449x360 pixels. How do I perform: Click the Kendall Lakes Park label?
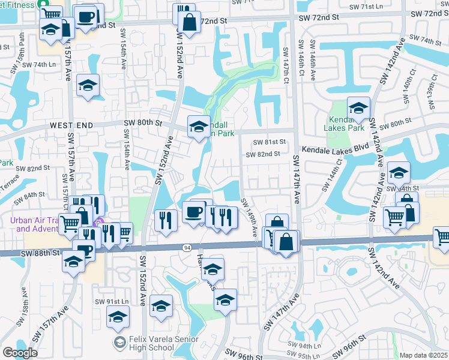pyautogui.click(x=348, y=123)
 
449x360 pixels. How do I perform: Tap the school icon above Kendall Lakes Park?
pyautogui.click(x=358, y=108)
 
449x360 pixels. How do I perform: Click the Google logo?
pyautogui.click(x=20, y=353)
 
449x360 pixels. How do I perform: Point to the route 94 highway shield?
pyautogui.click(x=186, y=247)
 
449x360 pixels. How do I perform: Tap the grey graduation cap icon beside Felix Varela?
pyautogui.click(x=119, y=342)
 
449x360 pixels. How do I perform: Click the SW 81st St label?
pyautogui.click(x=267, y=142)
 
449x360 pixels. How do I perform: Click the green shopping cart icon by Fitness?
pyautogui.click(x=44, y=3)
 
